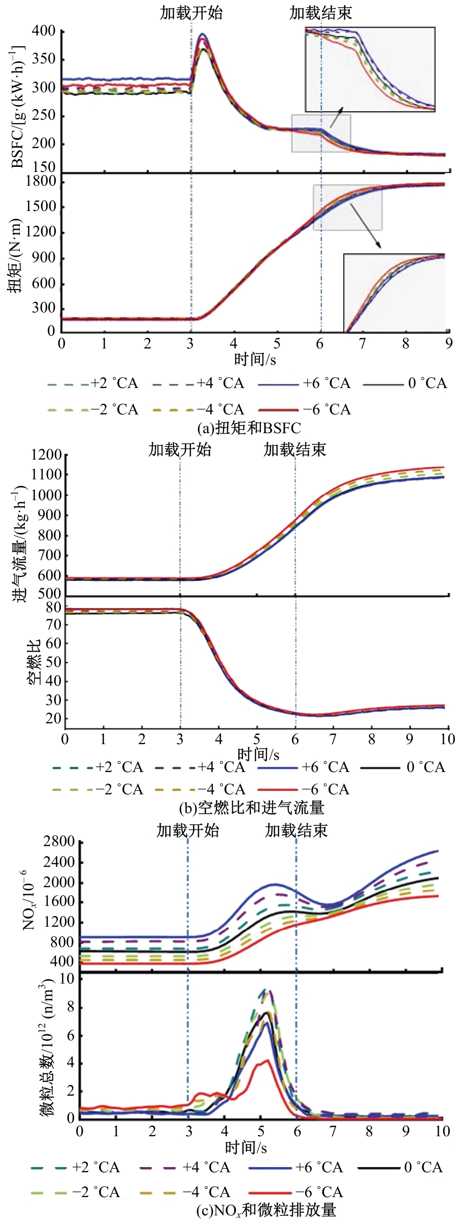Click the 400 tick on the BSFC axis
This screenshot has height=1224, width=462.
coord(44,31)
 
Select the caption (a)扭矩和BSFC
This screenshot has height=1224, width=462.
coord(249,428)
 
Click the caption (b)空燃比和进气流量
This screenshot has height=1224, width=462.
coord(251,808)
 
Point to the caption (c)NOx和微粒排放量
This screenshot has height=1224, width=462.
coord(266,1210)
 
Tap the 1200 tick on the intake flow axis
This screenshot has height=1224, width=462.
coord(46,455)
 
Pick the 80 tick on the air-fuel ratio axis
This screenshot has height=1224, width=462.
coord(53,607)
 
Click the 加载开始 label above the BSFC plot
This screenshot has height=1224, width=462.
coord(191,13)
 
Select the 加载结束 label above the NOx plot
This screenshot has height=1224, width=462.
coord(296,830)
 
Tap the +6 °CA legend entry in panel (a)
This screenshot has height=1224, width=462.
coord(305,383)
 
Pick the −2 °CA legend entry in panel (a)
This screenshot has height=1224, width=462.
coord(93,410)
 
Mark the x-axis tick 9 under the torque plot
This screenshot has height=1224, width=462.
coord(449,344)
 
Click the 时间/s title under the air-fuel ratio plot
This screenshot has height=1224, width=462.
coord(258,754)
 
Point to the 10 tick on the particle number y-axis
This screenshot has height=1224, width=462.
coord(67,978)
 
